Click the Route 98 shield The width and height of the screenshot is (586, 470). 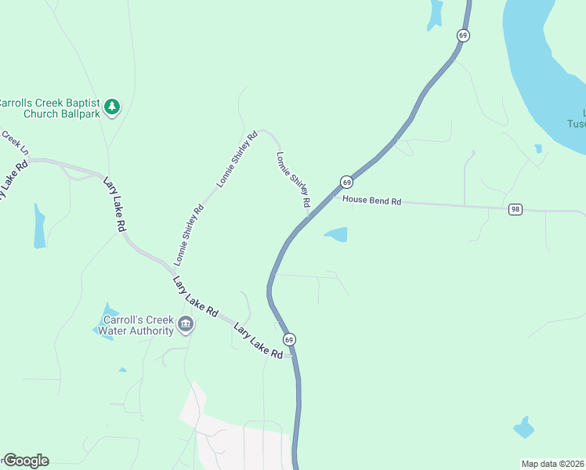[515, 209]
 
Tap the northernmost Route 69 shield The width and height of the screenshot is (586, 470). [463, 35]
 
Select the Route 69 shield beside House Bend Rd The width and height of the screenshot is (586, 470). [345, 182]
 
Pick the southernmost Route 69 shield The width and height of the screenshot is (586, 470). [289, 339]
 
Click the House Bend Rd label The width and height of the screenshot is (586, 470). [372, 201]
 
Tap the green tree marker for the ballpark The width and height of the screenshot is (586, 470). [112, 106]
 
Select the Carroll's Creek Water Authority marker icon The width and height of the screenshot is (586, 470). [185, 324]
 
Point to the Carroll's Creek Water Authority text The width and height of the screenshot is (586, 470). [131, 325]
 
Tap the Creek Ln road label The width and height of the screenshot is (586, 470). [14, 141]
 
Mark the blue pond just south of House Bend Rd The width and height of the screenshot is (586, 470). [336, 234]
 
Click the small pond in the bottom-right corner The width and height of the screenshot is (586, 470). [523, 428]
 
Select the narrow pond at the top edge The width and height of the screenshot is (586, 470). [435, 14]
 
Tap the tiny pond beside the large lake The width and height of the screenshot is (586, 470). [538, 148]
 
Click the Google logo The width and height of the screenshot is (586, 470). [25, 461]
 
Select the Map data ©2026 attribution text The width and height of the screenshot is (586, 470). [552, 464]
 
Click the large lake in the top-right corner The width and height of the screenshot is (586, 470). [548, 63]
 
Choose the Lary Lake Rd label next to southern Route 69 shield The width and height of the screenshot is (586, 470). [258, 342]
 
